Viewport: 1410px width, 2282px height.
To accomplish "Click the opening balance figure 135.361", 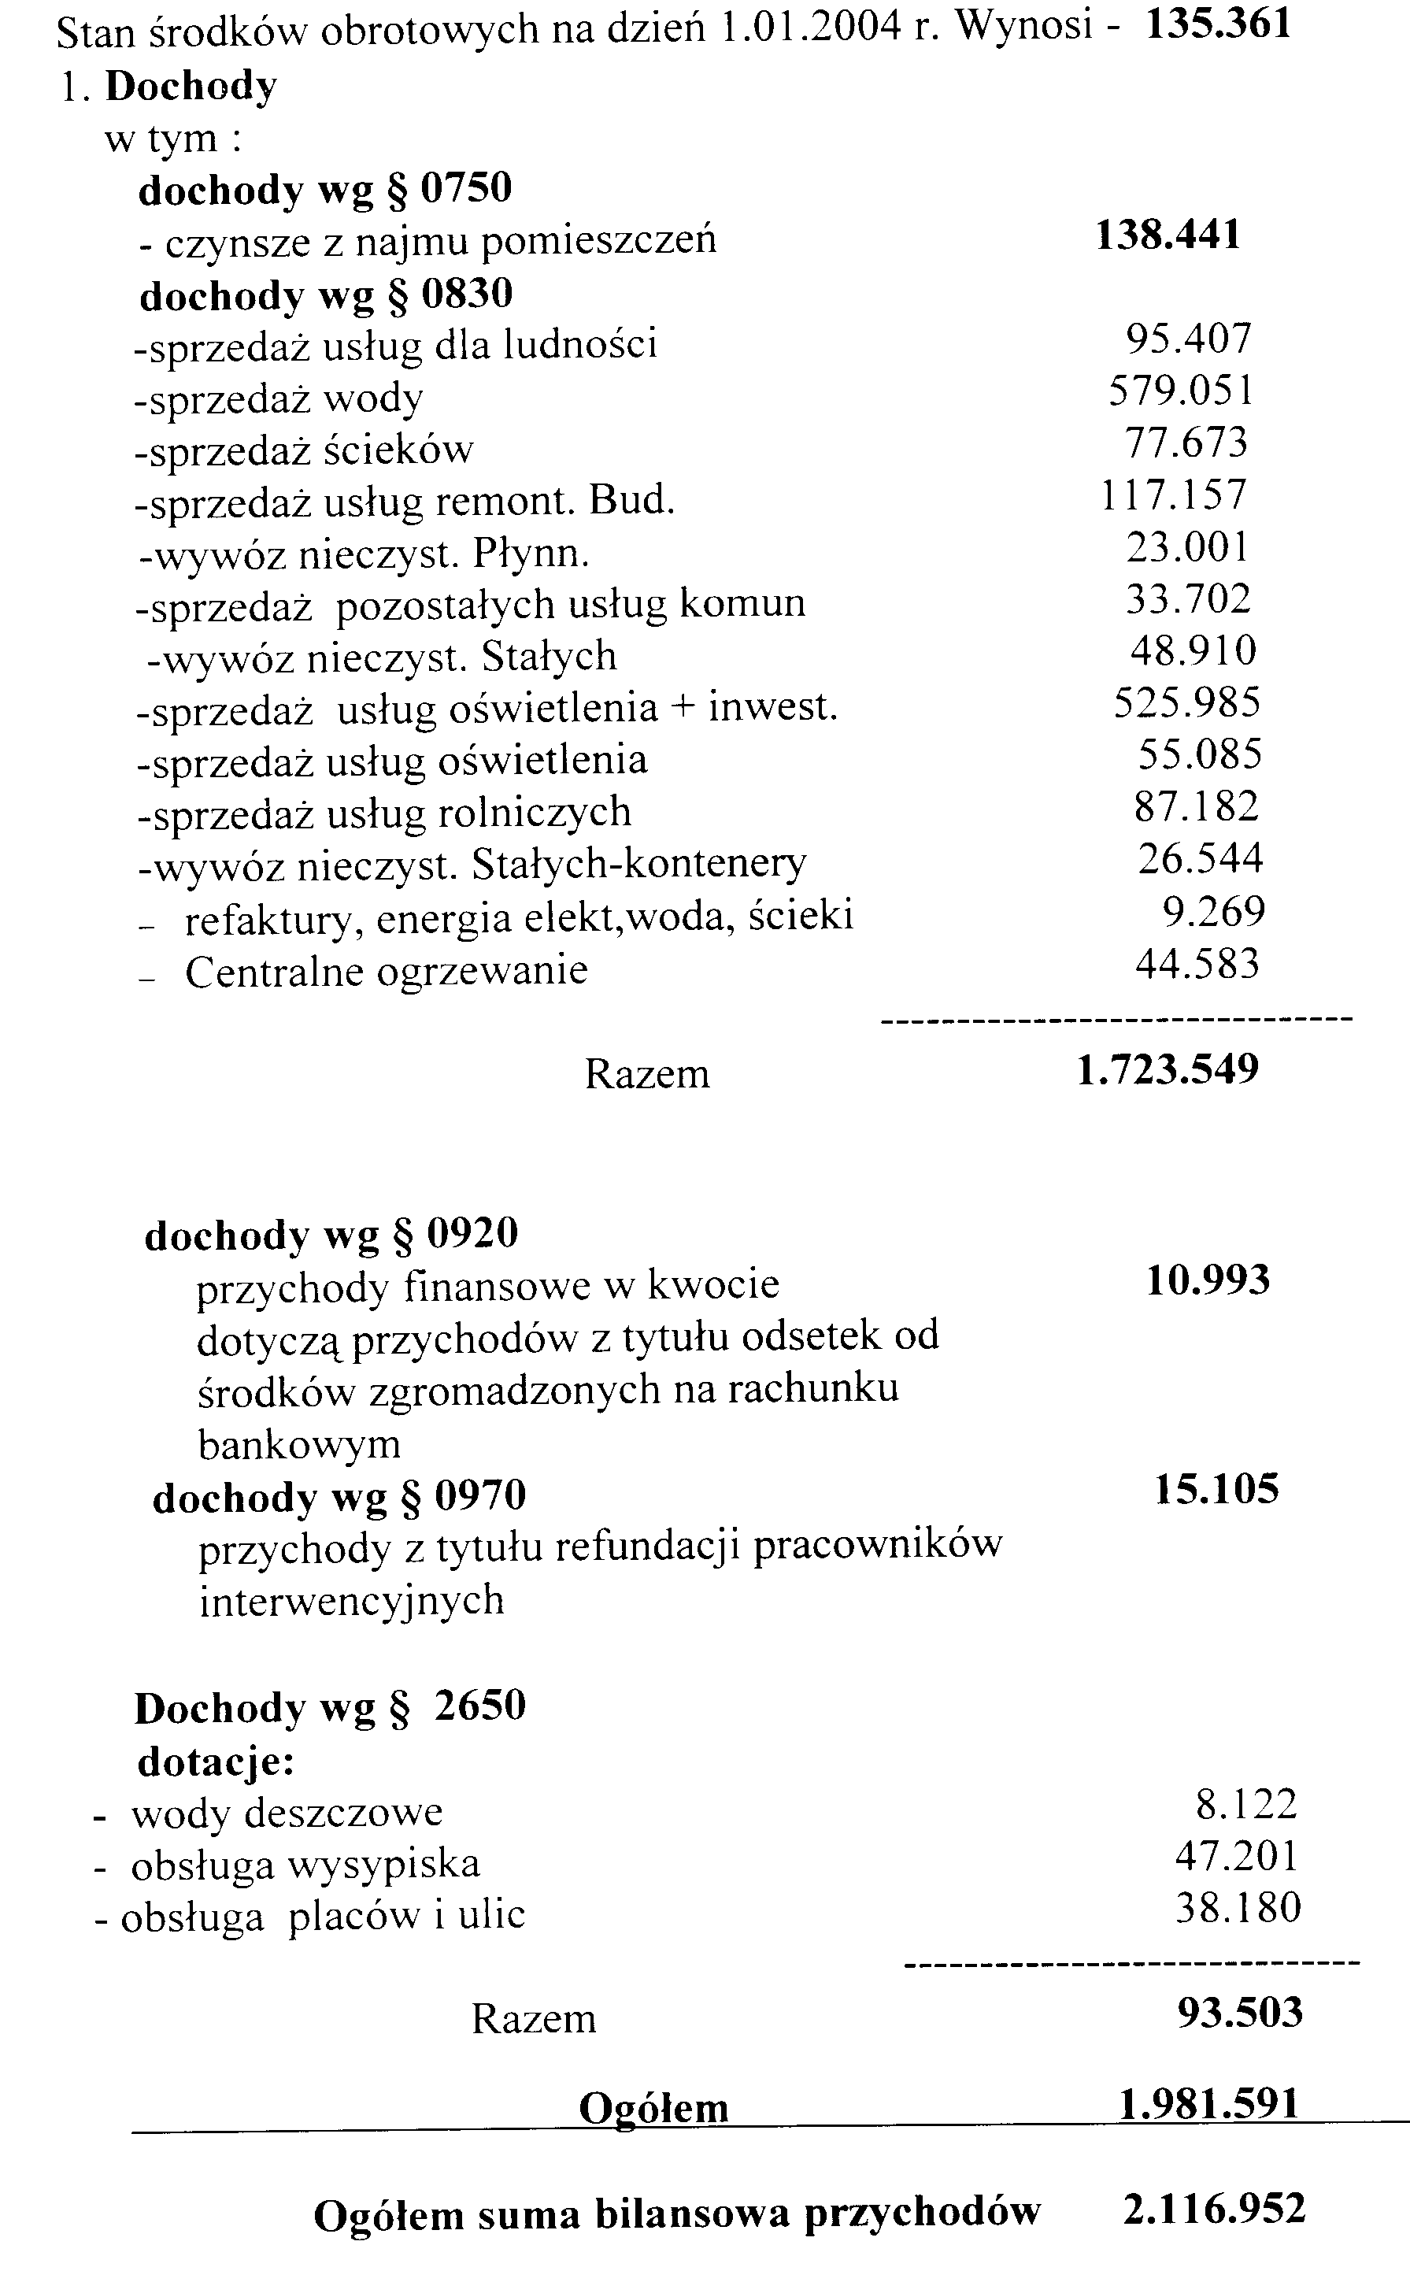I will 1218,24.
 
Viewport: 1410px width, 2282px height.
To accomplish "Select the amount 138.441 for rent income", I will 1168,234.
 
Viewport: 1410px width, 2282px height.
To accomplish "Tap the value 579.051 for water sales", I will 1181,390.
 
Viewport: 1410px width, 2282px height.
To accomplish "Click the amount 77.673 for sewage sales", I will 1186,442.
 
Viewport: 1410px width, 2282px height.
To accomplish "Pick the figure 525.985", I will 1186,702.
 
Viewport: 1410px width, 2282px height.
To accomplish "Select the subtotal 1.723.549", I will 1168,1069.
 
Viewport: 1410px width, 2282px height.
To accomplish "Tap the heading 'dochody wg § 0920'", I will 331,1234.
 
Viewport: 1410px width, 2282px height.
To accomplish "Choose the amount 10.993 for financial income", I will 1208,1280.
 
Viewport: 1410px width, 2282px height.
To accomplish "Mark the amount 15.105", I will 1216,1488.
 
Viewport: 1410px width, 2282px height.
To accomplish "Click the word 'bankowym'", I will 299,1444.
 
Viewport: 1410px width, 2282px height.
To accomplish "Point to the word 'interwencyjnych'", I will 352,1600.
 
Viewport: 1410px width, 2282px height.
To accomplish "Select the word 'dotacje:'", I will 216,1761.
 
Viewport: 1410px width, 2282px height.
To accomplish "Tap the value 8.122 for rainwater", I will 1246,1805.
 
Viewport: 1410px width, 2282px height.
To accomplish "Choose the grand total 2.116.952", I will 1214,2210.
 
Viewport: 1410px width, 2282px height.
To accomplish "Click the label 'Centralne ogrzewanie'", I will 386,971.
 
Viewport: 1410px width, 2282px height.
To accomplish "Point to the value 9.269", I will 1213,911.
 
